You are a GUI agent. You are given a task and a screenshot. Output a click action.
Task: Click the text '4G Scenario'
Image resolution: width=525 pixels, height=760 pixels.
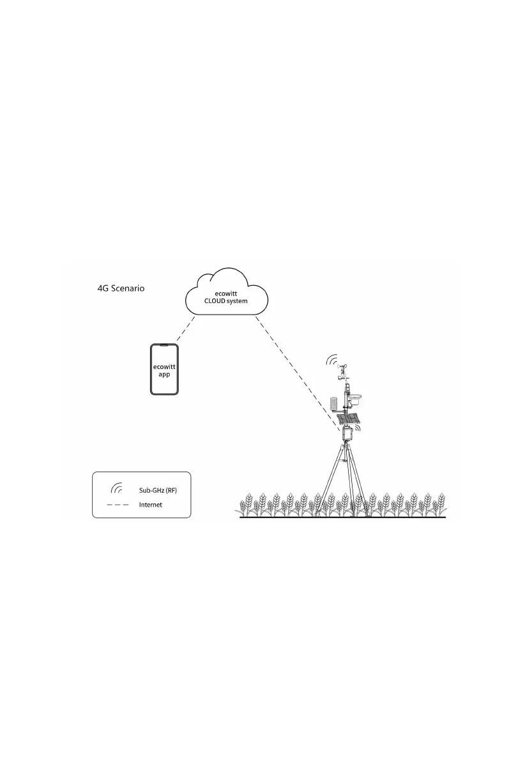pos(121,288)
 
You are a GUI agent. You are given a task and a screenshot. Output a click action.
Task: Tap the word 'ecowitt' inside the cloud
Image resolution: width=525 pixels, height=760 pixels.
pos(227,294)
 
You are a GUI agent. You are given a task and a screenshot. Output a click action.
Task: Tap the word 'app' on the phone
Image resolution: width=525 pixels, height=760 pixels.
pos(164,374)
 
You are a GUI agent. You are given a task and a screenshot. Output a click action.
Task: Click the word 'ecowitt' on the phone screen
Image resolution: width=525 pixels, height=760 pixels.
pos(164,366)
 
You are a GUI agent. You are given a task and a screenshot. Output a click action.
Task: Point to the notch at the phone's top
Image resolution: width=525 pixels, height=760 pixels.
pos(164,346)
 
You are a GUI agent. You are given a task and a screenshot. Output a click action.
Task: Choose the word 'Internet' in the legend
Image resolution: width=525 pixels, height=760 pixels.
pos(150,505)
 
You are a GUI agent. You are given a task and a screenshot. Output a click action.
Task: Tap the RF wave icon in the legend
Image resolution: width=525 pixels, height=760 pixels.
pos(116,489)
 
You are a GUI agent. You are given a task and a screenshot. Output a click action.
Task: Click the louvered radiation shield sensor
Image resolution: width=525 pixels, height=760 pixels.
pos(334,403)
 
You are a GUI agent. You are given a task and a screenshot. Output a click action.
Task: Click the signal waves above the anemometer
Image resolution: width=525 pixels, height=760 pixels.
pos(332,361)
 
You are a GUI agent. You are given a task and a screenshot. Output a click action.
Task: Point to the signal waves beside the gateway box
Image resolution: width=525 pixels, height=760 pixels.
pos(358,430)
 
